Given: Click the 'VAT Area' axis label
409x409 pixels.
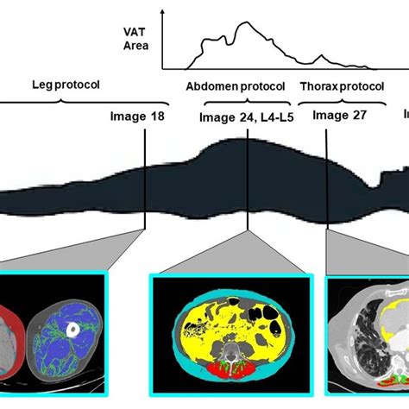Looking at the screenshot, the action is [x=135, y=39].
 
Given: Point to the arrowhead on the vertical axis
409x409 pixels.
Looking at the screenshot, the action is [x=163, y=12].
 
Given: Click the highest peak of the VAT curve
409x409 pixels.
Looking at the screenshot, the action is [x=246, y=22].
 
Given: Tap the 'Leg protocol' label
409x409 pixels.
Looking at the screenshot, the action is [x=66, y=85].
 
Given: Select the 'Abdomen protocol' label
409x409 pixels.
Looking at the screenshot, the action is [x=236, y=86].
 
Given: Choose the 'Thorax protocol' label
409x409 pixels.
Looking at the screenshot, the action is [x=343, y=86].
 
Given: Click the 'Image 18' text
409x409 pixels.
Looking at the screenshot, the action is [x=137, y=116].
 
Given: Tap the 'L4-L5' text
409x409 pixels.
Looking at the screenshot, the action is [x=277, y=117].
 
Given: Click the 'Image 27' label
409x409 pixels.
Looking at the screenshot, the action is [x=339, y=116].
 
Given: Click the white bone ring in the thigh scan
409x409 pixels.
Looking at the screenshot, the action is [x=72, y=330].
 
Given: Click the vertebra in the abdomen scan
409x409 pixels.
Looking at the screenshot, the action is [x=230, y=351].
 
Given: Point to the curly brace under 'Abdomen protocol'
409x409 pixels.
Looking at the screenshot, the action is [x=248, y=102].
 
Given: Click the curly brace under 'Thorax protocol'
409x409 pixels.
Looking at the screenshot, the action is [x=342, y=102].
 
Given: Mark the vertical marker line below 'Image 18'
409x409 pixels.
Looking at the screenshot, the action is [x=145, y=179].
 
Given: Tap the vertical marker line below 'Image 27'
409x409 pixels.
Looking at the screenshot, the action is [x=326, y=179].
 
